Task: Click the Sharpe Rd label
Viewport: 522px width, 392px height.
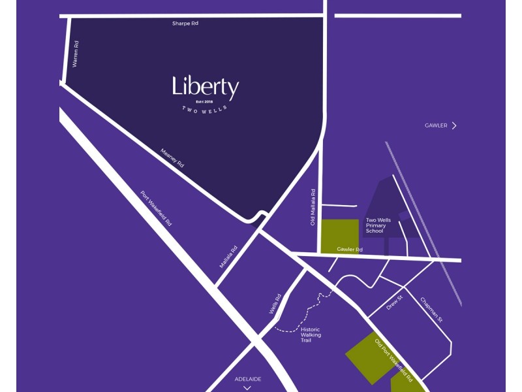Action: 185,24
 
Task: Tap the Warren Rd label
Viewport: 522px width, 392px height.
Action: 76,54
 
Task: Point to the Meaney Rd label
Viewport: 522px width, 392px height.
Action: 172,158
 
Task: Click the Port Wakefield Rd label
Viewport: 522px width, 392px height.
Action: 157,208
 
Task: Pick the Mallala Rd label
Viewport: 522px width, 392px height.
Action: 229,257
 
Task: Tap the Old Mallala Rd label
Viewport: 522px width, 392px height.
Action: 313,208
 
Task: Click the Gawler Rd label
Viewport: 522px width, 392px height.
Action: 349,250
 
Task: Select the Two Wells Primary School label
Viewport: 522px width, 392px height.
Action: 378,225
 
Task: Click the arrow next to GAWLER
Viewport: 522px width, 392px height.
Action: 454,125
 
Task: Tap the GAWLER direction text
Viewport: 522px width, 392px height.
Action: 436,125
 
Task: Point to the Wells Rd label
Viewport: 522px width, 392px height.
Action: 275,304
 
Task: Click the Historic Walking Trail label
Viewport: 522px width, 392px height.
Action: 311,335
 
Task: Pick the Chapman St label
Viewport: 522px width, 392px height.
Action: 431,310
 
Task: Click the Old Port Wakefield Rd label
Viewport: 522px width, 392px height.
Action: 393,359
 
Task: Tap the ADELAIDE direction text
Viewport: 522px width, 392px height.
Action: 248,379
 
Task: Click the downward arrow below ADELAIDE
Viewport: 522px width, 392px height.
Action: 247,387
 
